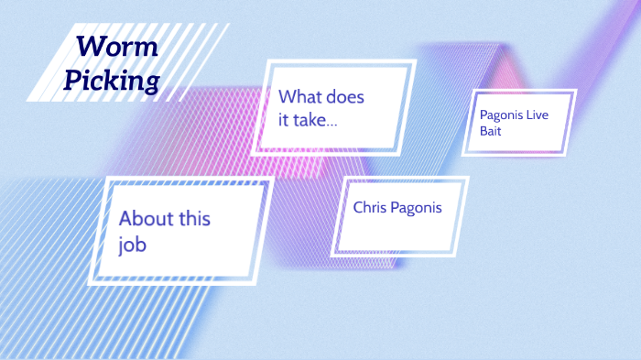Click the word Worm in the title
pyautogui.click(x=117, y=46)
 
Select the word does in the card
pyautogui.click(x=353, y=96)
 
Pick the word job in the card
pyautogui.click(x=133, y=245)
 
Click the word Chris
pyautogui.click(x=371, y=207)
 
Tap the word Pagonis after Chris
pyautogui.click(x=417, y=208)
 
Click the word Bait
pyautogui.click(x=491, y=131)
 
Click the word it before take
pyautogui.click(x=285, y=119)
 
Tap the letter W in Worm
pyautogui.click(x=90, y=46)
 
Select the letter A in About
pyautogui.click(x=126, y=219)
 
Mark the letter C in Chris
pyautogui.click(x=359, y=207)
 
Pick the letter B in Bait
pyautogui.click(x=483, y=131)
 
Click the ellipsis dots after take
pyautogui.click(x=331, y=123)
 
